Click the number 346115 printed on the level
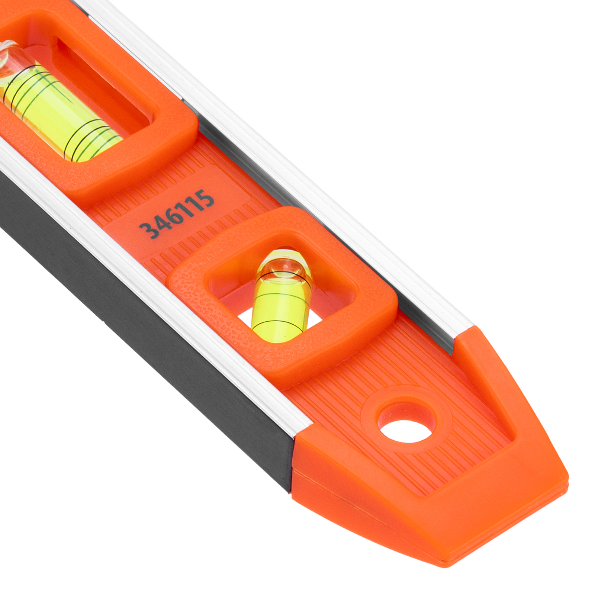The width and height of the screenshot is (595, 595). coord(177,213)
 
